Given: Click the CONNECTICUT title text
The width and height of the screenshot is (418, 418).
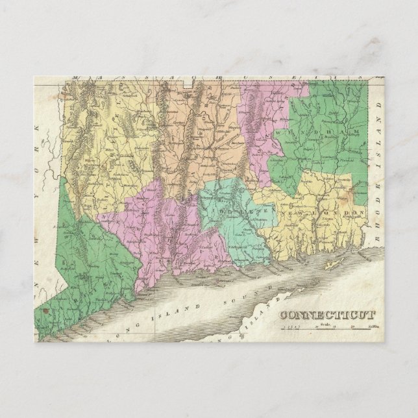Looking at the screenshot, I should click(x=328, y=315).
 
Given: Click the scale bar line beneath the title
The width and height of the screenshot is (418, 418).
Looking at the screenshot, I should click(x=328, y=330).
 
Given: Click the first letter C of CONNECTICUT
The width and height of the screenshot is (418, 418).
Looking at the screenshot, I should click(x=284, y=316).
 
